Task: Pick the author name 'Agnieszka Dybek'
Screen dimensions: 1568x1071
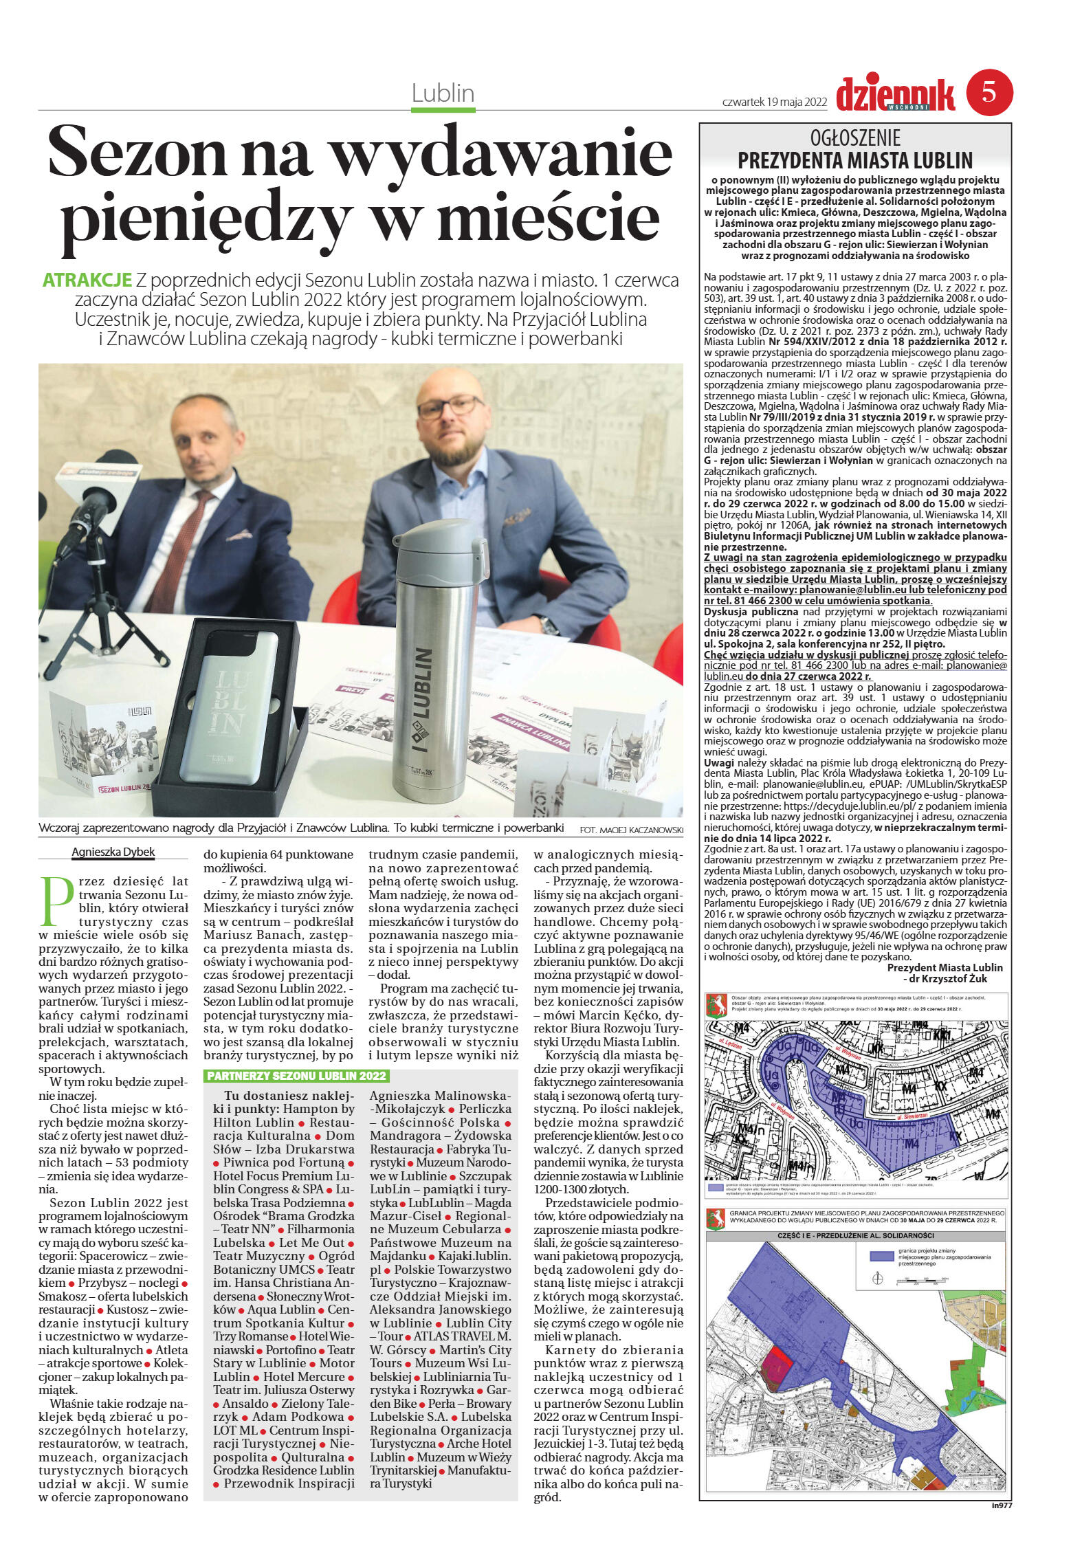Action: click(113, 852)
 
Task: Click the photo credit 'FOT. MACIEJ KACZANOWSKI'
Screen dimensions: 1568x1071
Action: click(631, 830)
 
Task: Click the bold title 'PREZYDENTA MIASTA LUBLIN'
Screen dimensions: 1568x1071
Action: click(855, 160)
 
